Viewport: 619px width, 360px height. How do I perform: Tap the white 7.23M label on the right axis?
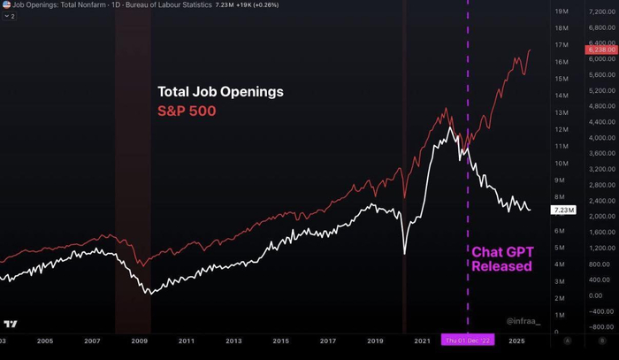(563, 211)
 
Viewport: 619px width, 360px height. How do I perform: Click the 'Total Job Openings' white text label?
(221, 91)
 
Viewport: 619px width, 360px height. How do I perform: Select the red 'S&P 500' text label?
(187, 112)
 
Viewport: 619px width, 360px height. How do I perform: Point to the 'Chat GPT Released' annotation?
(501, 258)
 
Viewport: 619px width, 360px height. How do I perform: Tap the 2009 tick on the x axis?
(139, 341)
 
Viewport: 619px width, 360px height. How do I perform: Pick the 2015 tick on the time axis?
(280, 341)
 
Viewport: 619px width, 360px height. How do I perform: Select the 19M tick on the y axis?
(561, 11)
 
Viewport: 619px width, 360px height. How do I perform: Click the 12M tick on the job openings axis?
(561, 129)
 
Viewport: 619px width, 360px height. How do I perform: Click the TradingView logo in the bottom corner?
(11, 325)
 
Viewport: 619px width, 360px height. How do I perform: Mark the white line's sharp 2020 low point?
(404, 254)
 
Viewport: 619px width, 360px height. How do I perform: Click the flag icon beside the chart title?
(6, 5)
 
